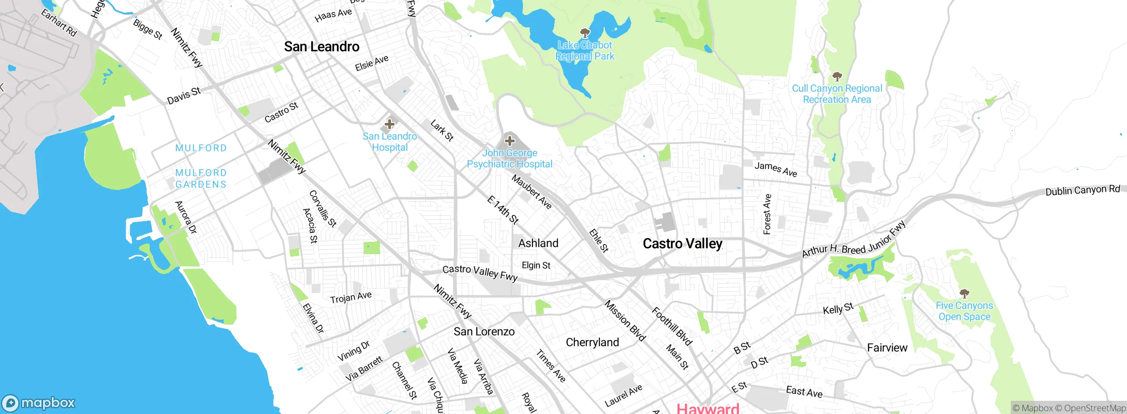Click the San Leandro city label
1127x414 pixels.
321,47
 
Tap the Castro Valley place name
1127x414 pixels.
682,244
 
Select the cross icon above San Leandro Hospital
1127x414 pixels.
390,124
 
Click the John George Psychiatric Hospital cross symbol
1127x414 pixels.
510,141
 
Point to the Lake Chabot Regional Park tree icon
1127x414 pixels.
585,33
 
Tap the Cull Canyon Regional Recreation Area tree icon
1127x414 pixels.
837,77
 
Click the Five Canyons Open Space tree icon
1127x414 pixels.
964,293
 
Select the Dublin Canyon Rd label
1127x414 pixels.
1083,191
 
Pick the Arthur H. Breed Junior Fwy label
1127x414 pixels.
853,241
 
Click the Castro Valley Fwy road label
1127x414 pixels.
480,273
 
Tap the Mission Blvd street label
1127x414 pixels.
625,321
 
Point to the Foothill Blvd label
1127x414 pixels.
672,326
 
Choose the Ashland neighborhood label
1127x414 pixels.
538,243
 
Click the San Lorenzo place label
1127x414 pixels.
484,332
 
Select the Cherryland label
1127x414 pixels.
592,342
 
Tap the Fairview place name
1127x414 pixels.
887,348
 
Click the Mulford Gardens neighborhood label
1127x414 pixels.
201,178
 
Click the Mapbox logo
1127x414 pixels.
39,403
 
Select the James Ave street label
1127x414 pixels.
776,169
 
